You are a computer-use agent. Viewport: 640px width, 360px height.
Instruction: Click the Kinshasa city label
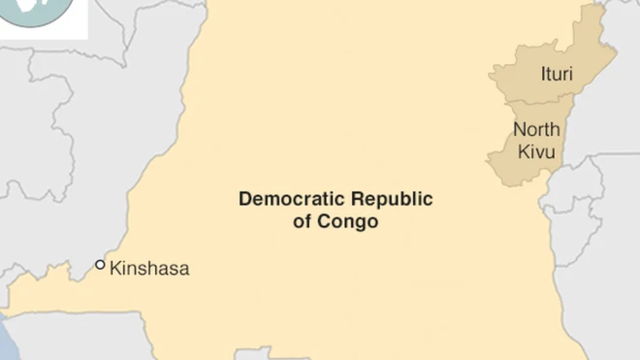[x=149, y=269]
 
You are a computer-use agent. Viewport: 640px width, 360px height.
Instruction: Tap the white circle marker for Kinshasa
[x=100, y=265]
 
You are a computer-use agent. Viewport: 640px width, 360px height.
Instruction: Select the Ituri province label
[x=557, y=73]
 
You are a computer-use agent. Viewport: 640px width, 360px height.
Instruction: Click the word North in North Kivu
[x=537, y=130]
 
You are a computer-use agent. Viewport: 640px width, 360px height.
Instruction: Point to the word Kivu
[x=537, y=151]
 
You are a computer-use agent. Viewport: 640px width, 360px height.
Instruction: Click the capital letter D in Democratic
[x=244, y=200]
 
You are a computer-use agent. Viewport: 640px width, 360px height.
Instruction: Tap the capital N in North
[x=519, y=130]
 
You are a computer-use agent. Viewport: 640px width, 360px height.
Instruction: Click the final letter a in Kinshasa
[x=184, y=270]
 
